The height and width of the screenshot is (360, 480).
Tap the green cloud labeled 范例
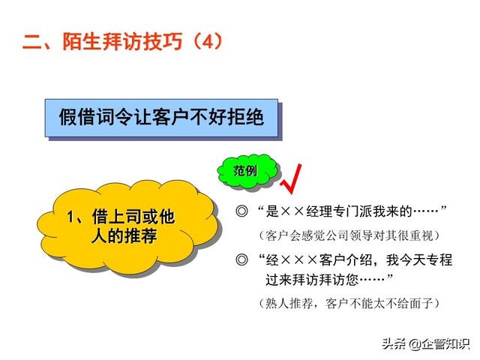pos(247,171)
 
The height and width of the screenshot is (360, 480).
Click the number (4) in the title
pos(208,41)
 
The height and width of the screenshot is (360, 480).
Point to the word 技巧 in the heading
pos(163,41)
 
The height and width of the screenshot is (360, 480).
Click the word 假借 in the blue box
pos(78,117)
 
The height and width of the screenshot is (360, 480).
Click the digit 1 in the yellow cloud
pos(70,217)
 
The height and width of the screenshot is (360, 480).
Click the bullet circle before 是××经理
pos(241,211)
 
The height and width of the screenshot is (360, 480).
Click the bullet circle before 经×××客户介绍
pos(241,260)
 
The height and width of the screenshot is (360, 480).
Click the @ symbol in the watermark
pos(415,344)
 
